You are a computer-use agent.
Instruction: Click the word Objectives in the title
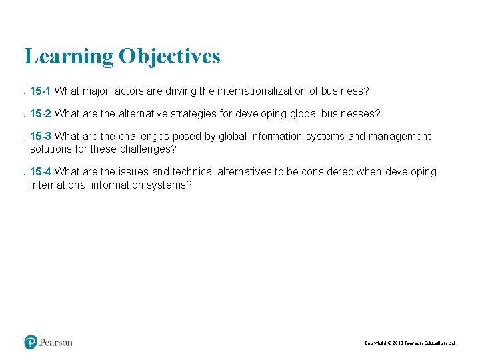tap(169, 57)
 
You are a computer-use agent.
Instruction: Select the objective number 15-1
tap(41, 91)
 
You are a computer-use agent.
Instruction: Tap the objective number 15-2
tap(41, 114)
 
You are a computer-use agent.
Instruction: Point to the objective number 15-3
tap(41, 137)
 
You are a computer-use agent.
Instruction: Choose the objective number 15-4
tap(41, 172)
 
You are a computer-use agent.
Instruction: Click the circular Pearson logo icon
tap(31, 343)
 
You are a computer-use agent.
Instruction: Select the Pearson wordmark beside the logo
tap(56, 343)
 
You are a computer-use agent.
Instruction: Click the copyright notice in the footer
tap(409, 343)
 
